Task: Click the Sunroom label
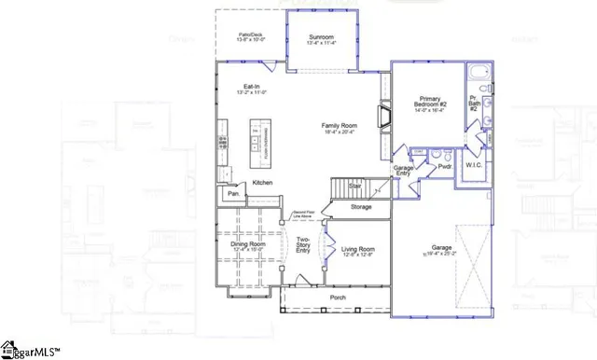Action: point(321,37)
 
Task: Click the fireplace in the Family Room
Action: point(382,116)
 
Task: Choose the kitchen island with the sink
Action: point(253,145)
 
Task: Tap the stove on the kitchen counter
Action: point(223,142)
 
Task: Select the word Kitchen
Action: point(262,183)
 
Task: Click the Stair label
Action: point(355,186)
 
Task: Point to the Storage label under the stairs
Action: point(361,206)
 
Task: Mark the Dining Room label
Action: point(247,244)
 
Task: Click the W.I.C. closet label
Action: point(473,165)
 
